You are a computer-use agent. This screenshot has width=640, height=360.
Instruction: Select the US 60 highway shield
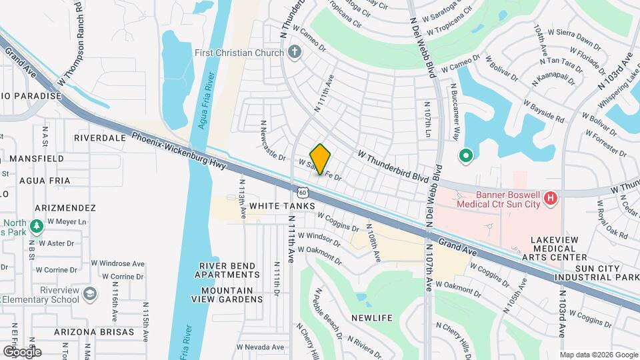tap(303, 193)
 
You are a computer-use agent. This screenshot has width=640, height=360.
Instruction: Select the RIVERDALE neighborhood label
tap(100, 138)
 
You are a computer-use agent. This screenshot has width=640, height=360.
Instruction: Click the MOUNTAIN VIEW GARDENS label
tap(227, 295)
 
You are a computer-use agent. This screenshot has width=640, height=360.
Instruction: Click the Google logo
tap(22, 351)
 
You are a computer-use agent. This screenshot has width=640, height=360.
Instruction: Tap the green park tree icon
tap(37, 227)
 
